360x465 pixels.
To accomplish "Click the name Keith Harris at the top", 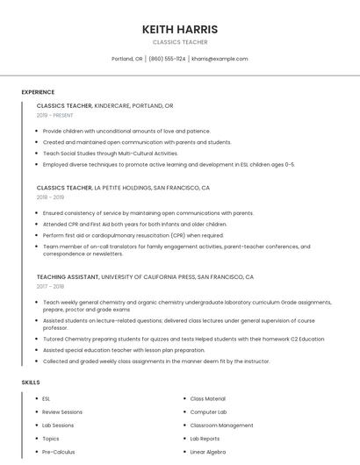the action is (x=179, y=30).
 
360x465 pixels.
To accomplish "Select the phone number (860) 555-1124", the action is (x=167, y=59).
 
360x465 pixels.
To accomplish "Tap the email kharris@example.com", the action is (x=220, y=59).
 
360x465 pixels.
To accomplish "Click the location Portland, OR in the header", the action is (x=126, y=59).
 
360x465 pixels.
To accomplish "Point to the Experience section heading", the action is (x=38, y=92).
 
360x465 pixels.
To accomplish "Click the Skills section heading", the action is (x=31, y=383).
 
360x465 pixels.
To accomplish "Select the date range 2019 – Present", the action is (x=54, y=115).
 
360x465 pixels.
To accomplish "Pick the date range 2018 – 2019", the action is (x=50, y=197).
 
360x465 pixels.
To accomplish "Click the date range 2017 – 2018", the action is (x=50, y=286).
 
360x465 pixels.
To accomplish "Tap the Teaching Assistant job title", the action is (x=68, y=276).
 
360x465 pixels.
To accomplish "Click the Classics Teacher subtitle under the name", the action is (x=179, y=42).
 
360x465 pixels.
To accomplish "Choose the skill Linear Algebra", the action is (x=207, y=452).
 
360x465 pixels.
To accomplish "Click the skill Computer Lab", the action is (x=208, y=412).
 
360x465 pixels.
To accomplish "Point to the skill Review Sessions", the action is (x=61, y=412).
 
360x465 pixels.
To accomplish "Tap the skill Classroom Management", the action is (x=221, y=426).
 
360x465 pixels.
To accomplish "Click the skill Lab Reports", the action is (x=205, y=439).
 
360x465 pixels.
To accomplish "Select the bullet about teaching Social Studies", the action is (x=110, y=154).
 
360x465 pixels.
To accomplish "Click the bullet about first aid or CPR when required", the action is (x=133, y=235).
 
